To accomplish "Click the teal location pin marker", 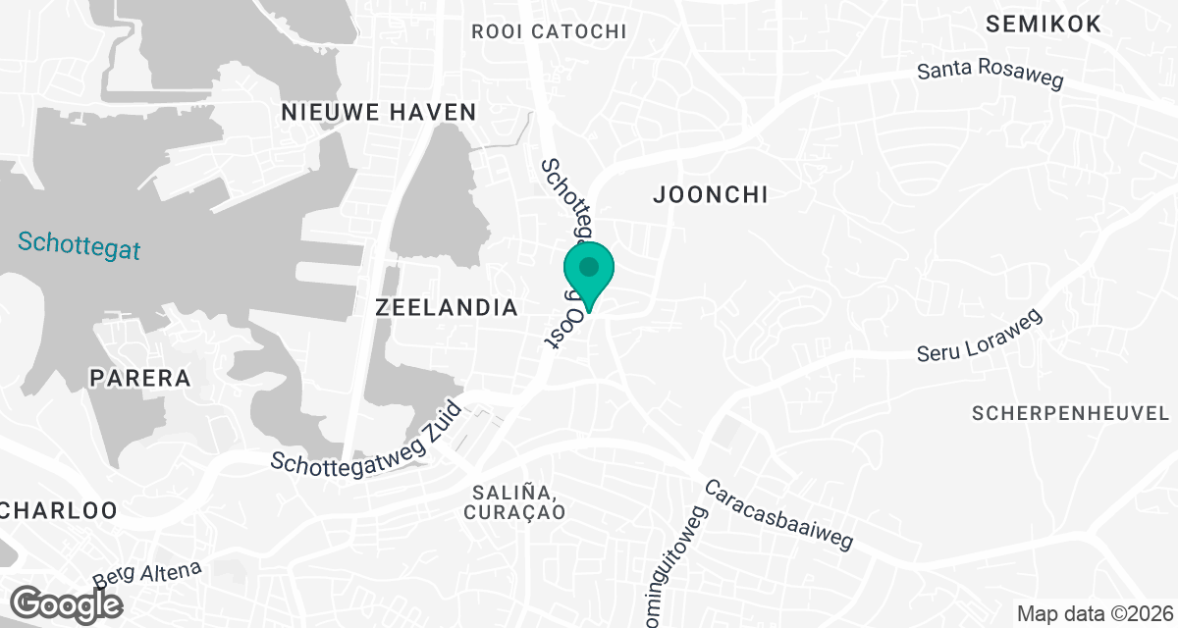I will coord(588,274).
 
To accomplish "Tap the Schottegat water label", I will coord(79,244).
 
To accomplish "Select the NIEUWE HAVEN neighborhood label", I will coord(378,112).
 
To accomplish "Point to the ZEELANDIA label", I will coord(447,308).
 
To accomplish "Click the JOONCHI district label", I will coord(710,195).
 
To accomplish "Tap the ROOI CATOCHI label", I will coord(549,31).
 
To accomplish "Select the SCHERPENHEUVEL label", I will coord(1073,413).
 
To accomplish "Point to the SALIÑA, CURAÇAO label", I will coord(517,501).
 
